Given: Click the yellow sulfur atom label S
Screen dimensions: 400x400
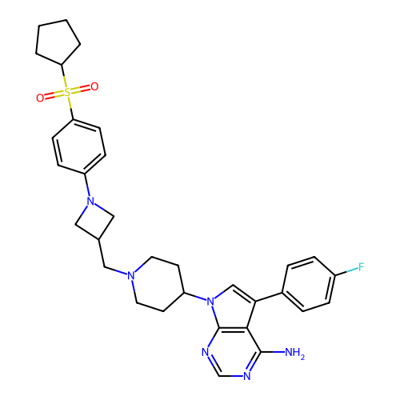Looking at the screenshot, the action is pos(68,92).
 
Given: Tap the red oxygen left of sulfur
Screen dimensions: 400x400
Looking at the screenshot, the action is pos(40,98).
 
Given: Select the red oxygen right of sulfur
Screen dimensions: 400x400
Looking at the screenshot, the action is pos(94,86).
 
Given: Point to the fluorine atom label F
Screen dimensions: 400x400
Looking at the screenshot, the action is pos(361,266).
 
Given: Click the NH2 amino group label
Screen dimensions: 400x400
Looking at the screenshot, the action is pos(294,353).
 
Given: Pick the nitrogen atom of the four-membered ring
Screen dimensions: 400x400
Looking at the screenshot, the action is pos(90,201).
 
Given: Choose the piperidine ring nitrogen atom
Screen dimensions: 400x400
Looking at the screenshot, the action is pos(130,275).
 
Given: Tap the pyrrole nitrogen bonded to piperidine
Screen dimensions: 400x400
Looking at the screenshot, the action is pos(210,302).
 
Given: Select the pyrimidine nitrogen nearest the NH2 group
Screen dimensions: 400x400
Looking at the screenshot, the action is pos(247,376).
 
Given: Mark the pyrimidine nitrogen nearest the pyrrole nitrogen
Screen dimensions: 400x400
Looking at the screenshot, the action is pos(205,352).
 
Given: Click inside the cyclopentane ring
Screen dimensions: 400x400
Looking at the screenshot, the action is pos(57,42).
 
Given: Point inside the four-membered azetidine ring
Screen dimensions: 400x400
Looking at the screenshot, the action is pos(94,220).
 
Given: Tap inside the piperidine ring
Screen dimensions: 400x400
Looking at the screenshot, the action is pos(158,284).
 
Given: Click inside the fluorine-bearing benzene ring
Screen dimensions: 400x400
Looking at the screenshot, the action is pos(309,284).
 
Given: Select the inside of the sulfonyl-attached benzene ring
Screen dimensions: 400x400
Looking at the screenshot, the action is pos(79,146).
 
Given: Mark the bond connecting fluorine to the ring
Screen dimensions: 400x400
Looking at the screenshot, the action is pos(346,271).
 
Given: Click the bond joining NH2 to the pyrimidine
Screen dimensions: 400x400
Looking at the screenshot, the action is pos(273,352).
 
